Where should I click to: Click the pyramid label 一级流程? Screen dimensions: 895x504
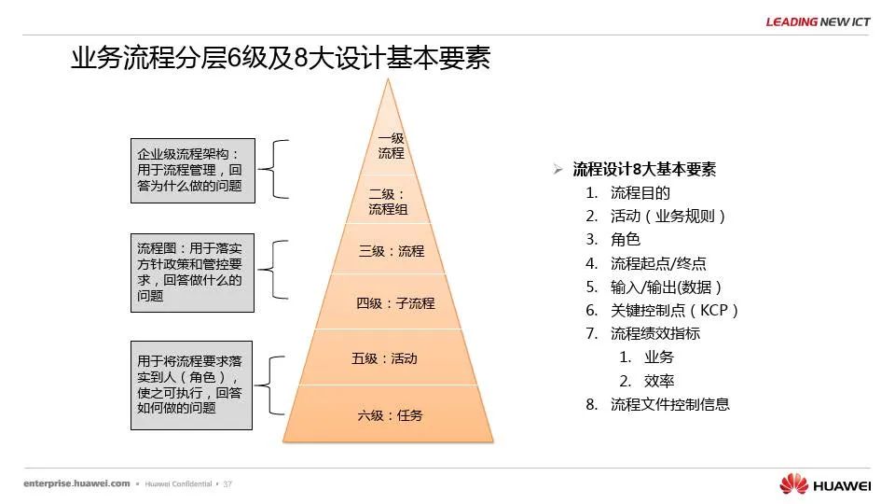coord(391,146)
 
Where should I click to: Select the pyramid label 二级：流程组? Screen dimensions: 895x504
coord(388,202)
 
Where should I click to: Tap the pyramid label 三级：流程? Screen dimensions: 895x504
coord(392,251)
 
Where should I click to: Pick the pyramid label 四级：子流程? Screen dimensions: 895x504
coord(395,302)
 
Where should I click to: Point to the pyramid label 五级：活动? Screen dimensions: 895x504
coord(384,358)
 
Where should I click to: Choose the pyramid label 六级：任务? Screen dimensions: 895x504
coord(390,415)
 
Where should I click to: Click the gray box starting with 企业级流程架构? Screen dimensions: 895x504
coord(193,170)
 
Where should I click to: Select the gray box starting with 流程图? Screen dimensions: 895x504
coord(192,273)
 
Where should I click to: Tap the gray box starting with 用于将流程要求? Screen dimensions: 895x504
coord(191,385)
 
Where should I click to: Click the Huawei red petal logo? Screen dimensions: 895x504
coord(794,483)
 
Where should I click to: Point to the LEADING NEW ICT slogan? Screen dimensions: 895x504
coord(818,21)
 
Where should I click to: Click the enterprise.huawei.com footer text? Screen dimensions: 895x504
coord(76,483)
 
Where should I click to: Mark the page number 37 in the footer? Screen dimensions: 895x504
coord(227,484)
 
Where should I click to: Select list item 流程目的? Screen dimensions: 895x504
coord(640,193)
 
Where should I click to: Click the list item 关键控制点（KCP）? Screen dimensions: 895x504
coord(675,310)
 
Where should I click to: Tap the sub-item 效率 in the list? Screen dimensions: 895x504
coord(659,381)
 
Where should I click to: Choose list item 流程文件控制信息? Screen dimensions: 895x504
coord(670,404)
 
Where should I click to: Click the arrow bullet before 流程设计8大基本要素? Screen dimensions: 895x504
coord(558,169)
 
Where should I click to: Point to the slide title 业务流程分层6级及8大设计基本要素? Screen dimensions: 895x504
coord(281,58)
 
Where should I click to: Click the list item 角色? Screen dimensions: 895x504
coord(626,240)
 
